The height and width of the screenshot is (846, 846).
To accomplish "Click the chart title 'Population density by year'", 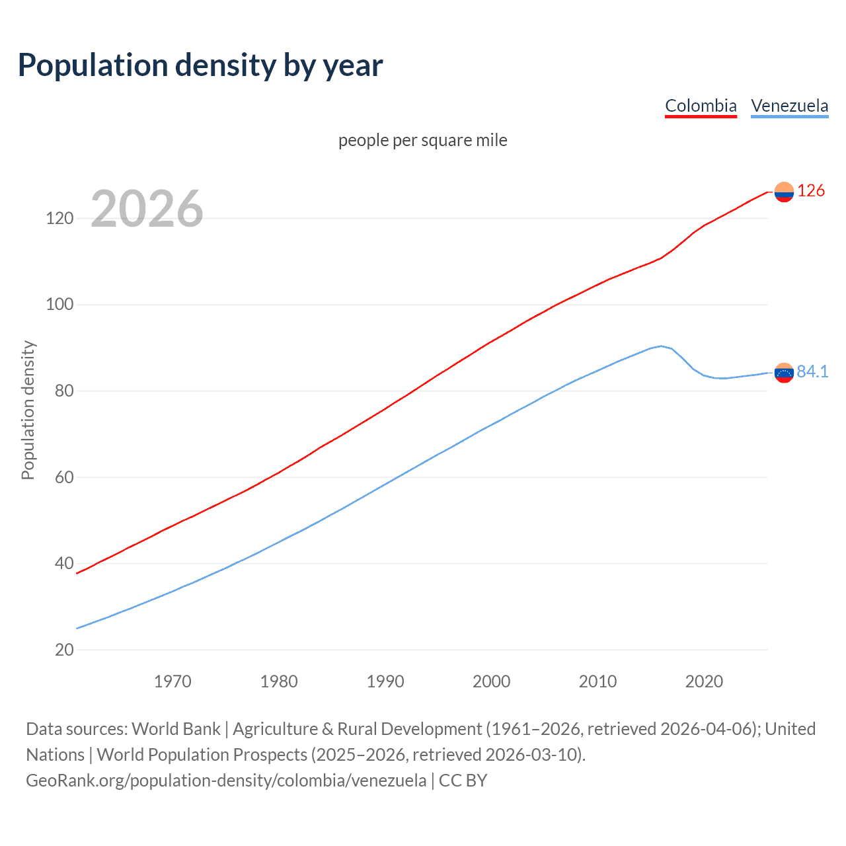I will click(x=200, y=65).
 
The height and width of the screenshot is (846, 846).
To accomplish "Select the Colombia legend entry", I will click(x=701, y=106).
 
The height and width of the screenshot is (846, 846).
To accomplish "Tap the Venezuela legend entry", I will click(x=789, y=106).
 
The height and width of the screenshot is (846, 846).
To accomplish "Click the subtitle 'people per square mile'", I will click(x=423, y=140).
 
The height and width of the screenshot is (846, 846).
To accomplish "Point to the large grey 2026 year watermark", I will click(x=147, y=209).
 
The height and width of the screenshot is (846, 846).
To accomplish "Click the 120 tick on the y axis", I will click(x=59, y=218).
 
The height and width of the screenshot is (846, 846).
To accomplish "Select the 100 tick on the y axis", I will click(x=59, y=305).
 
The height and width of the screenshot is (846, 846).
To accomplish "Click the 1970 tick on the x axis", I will click(x=173, y=681).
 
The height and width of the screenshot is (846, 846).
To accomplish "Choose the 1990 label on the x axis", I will click(x=385, y=681).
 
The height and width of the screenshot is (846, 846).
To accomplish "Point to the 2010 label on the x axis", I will click(x=597, y=681).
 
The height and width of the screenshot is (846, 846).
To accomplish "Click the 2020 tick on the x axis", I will click(x=704, y=681).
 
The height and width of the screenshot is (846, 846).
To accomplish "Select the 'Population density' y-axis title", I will click(x=28, y=410).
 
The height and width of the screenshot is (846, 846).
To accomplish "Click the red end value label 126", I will click(x=811, y=191).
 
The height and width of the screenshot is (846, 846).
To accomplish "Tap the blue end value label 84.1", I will click(x=812, y=372).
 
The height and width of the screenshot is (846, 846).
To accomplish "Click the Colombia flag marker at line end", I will click(x=784, y=192).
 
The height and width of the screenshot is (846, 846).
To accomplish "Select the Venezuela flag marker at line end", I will click(x=784, y=373).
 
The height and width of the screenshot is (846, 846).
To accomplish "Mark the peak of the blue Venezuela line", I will click(x=661, y=346).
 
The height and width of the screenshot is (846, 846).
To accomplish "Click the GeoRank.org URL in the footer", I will click(x=226, y=781).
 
